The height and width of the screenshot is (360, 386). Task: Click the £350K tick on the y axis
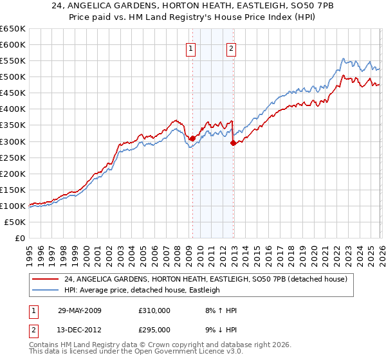coord(12,125)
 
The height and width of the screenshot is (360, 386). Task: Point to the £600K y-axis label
coord(12,44)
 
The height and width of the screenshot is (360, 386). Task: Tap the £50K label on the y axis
coord(15,222)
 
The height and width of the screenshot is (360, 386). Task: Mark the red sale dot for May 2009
coord(192,138)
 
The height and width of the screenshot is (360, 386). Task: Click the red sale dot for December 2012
coord(233,143)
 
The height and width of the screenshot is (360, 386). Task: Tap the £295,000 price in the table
coord(155,329)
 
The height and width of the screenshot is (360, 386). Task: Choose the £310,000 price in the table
coord(155,310)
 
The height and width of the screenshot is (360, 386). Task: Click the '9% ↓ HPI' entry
coord(217,329)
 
